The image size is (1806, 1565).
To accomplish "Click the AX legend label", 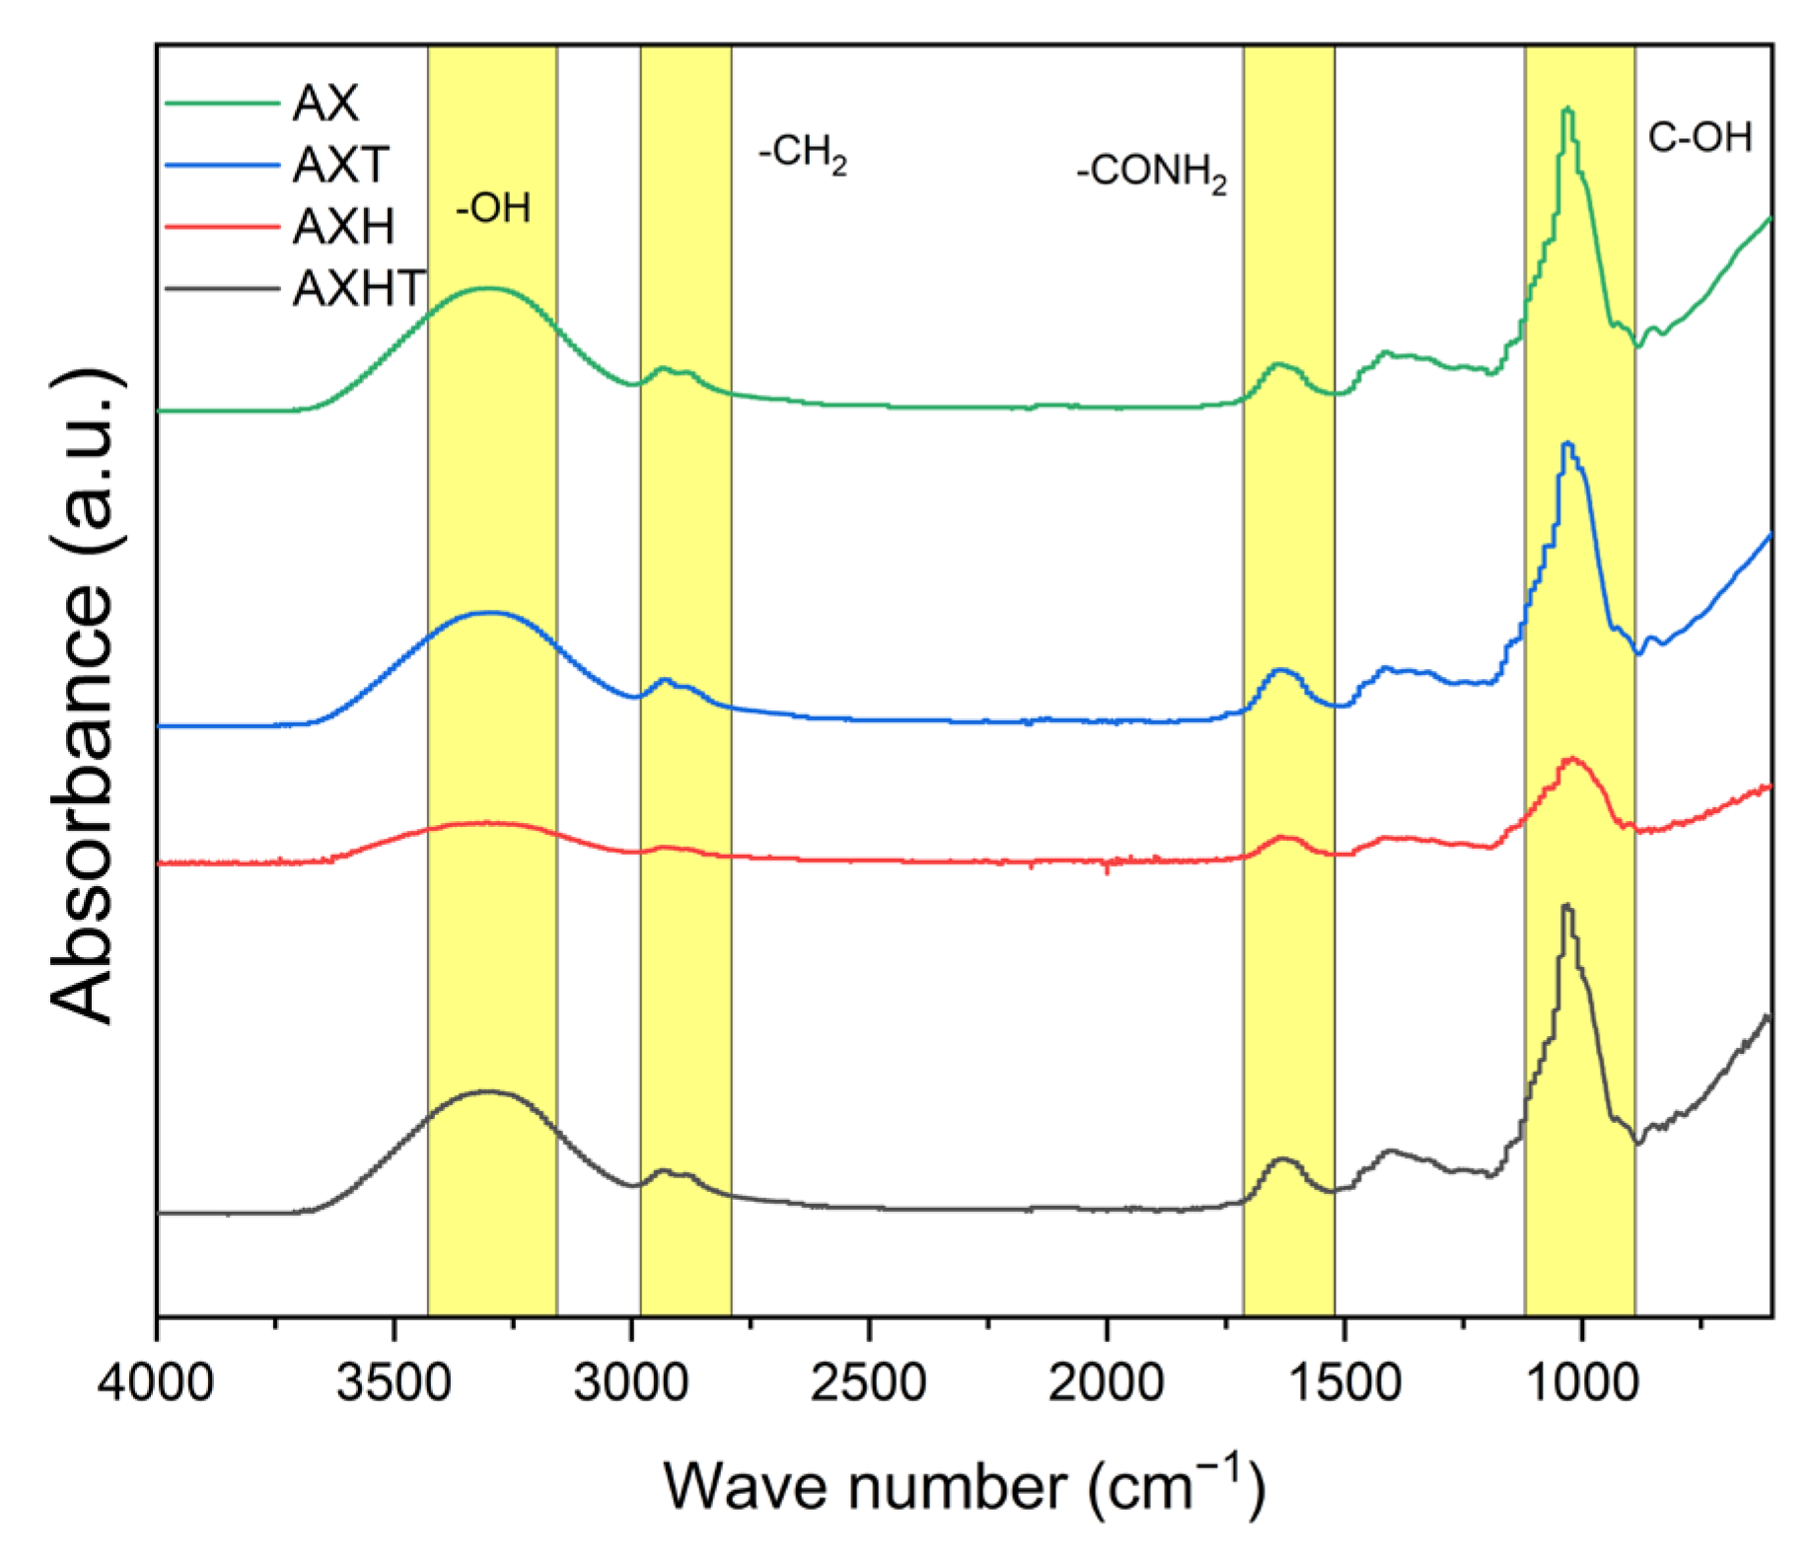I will point(325,103).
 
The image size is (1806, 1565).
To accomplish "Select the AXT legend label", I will point(341,165).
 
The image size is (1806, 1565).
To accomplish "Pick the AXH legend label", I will point(343,227).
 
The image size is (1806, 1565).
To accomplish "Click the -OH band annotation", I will point(493,208).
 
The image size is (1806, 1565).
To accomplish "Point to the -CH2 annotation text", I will point(803,156).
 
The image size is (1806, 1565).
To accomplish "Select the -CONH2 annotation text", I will point(1151,174).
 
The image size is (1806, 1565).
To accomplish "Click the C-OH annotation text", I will point(1699,138).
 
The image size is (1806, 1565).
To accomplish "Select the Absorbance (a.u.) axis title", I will point(83,697).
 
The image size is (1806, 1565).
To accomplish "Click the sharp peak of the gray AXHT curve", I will point(1566,906).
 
